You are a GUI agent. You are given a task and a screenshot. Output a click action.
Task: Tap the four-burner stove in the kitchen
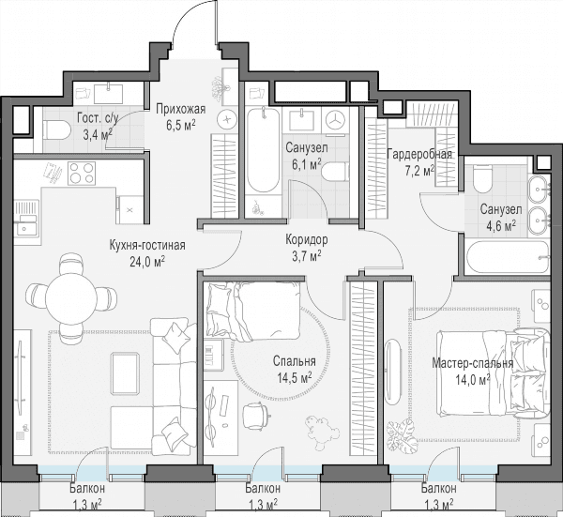(82, 173)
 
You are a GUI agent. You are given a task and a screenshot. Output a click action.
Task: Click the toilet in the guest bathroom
(56, 130)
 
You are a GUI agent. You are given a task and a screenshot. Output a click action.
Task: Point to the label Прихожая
(180, 109)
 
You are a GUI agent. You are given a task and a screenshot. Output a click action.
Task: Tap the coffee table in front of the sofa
(125, 373)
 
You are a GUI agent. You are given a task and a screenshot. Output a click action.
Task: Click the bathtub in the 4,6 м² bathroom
(508, 257)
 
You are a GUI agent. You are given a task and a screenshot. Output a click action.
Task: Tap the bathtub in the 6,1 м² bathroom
(263, 150)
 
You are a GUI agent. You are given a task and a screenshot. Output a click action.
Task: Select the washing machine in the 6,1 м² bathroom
(336, 121)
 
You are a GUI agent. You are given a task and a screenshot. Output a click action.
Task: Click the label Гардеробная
(419, 155)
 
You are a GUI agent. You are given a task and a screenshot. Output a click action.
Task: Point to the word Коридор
(307, 239)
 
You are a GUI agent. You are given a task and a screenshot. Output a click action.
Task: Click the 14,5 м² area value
(294, 378)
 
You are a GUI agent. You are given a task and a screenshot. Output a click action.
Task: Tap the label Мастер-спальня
(472, 363)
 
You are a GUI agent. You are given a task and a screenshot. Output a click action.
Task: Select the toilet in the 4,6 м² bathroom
(482, 178)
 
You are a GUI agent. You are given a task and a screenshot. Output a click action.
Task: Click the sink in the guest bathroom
(108, 93)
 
